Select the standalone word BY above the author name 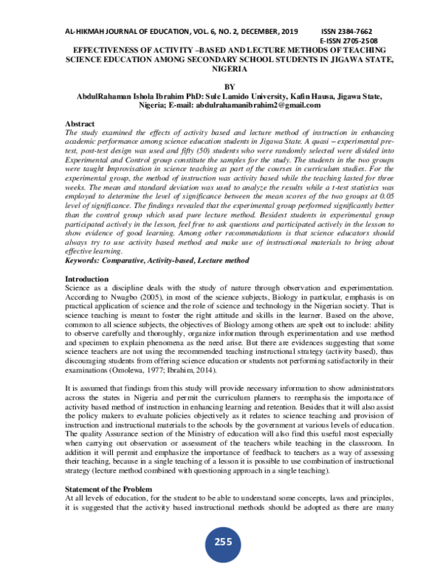[x=222, y=86]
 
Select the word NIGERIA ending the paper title [x=222, y=69]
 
